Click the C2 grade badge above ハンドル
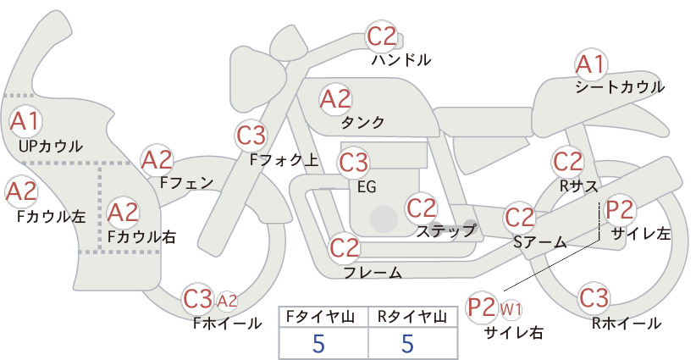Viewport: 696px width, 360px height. coord(382,36)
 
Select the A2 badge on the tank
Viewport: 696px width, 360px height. coord(335,99)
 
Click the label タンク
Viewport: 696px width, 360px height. coord(362,122)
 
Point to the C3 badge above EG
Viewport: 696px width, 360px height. coord(353,163)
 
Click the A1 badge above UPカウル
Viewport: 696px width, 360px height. coord(25,121)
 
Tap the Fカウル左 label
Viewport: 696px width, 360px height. coord(51,216)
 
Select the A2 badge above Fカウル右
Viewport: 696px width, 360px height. coord(123,213)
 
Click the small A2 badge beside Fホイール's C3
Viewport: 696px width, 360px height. coord(227,302)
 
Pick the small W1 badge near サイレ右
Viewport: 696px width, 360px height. coord(511,309)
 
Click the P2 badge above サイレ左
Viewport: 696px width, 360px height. coord(620,209)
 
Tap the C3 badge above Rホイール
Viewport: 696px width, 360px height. coord(594,298)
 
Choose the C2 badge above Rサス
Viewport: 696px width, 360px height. coord(567,162)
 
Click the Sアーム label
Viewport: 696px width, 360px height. coord(540,242)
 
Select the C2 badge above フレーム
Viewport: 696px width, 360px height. coord(344,247)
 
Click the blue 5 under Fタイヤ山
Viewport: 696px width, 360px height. coord(318,343)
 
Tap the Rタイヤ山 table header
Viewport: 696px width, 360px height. coord(412,317)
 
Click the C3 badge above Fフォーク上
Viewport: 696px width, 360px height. coord(251,136)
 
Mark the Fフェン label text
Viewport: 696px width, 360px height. coord(186,182)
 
